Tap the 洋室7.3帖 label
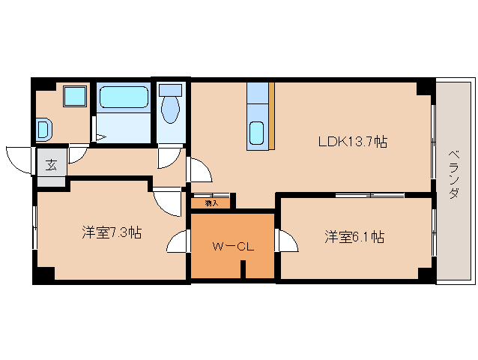coord(112,232)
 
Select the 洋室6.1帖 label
coord(354,237)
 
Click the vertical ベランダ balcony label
coord(455,172)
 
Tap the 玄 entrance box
coord(50,165)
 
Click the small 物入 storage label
coord(211,202)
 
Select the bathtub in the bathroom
coord(124,97)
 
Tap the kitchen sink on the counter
coord(257,133)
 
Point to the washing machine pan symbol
coord(43,130)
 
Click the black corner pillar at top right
coord(425,87)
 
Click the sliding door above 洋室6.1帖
coord(370,195)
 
